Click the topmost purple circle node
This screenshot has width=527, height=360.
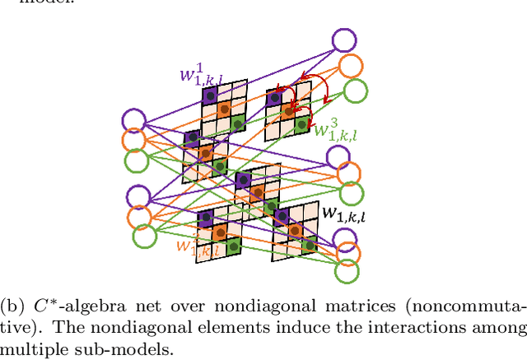pos(346,41)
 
